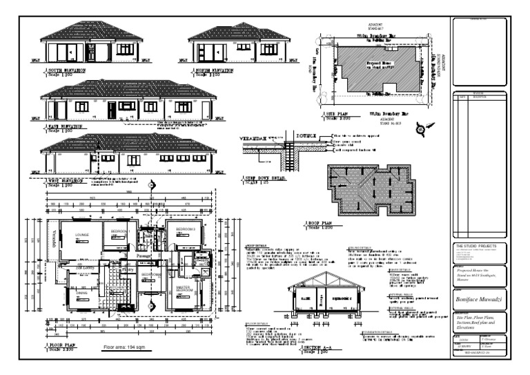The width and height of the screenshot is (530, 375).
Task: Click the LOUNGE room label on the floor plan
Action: point(82,235)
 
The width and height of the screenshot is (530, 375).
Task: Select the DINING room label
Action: point(81,292)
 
